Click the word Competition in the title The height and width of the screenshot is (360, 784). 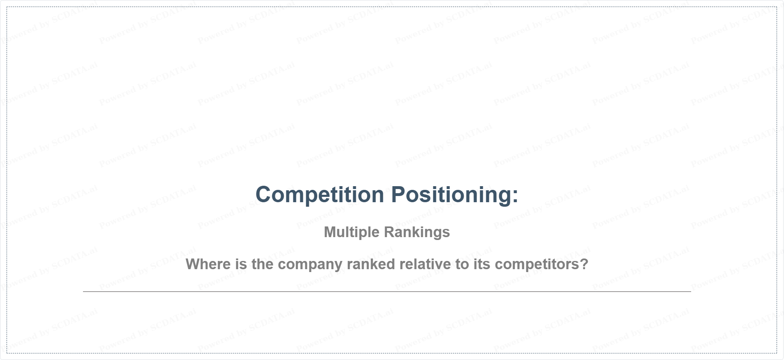pyautogui.click(x=320, y=194)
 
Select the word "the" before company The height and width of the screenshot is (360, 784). pyautogui.click(x=263, y=264)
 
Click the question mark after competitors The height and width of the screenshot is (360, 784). pyautogui.click(x=584, y=264)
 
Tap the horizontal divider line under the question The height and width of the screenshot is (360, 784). pyautogui.click(x=387, y=291)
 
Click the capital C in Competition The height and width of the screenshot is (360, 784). pyautogui.click(x=264, y=194)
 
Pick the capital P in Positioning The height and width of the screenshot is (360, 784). pyautogui.click(x=398, y=194)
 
